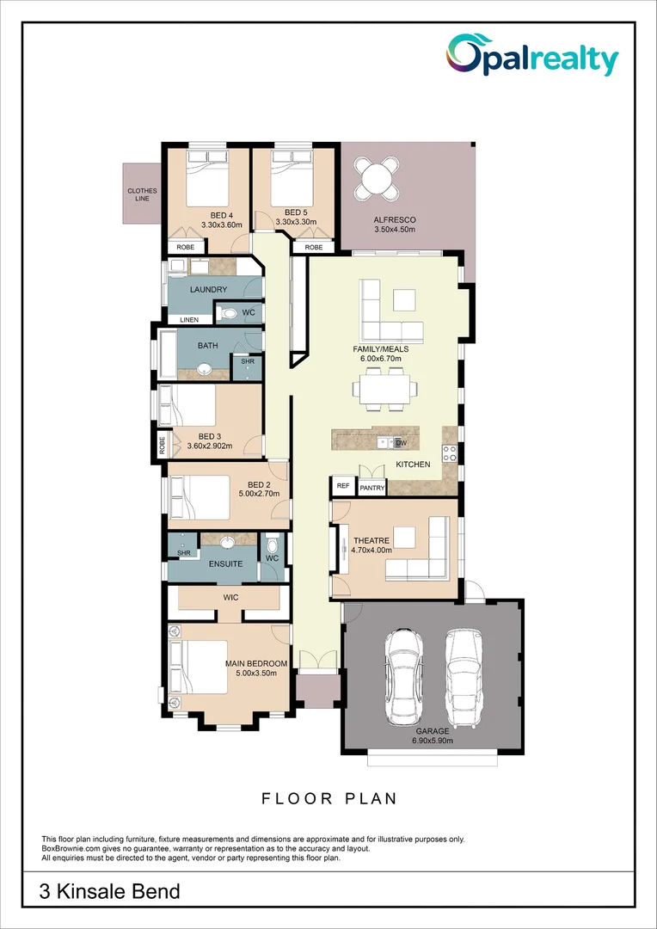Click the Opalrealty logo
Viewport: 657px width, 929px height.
coord(531,57)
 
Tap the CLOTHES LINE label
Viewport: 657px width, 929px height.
coord(142,194)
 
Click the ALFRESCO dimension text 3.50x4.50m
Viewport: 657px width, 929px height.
coord(394,230)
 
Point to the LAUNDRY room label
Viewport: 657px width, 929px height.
coord(208,290)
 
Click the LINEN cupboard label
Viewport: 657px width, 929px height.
coord(188,320)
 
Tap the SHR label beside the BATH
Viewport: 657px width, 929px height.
coord(248,362)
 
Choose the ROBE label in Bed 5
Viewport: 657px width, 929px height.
coord(313,247)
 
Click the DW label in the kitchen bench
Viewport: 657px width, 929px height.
coord(400,443)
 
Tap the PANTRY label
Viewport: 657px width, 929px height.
coord(371,488)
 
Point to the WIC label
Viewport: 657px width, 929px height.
coord(230,596)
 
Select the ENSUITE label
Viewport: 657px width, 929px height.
coord(225,564)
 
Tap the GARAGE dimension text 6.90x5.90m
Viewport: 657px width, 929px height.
coord(431,741)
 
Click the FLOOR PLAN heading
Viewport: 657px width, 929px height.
coord(329,799)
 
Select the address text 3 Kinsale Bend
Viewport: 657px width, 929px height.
coord(109,891)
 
